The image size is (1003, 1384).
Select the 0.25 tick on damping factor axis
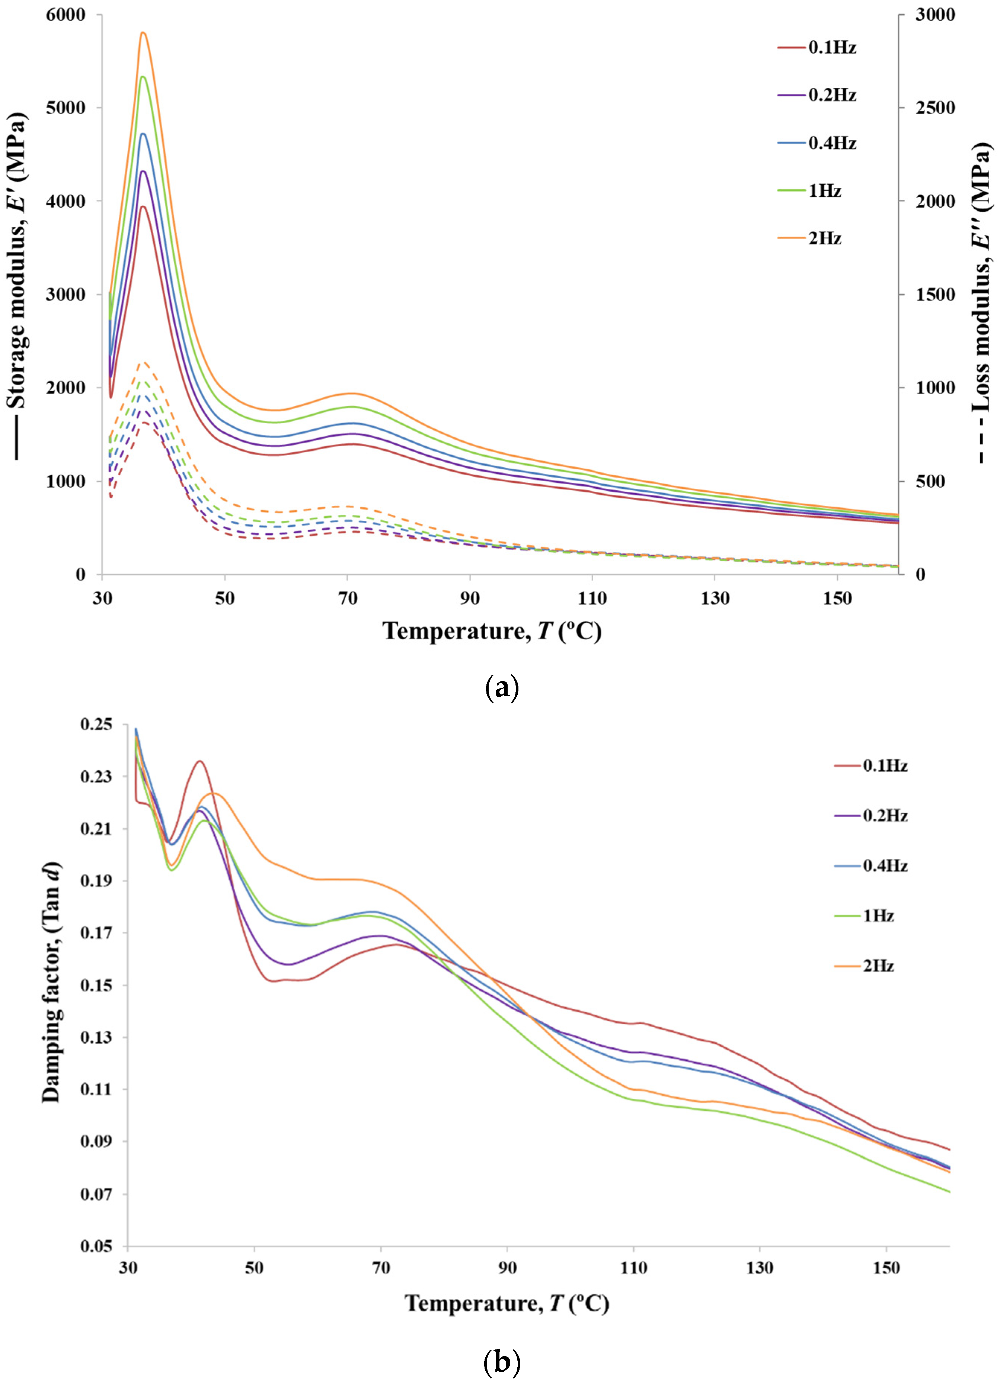(x=96, y=724)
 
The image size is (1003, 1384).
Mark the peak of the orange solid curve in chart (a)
(x=143, y=32)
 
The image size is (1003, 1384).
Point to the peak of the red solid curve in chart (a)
(x=143, y=206)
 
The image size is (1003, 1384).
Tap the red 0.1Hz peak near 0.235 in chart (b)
(x=199, y=761)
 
